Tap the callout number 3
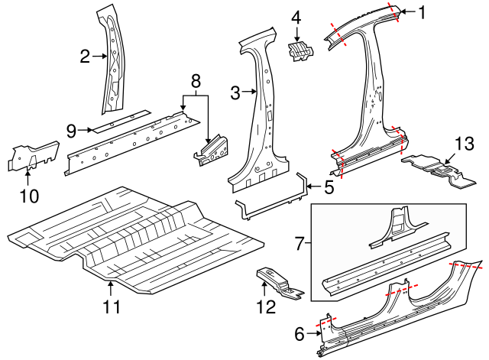click(x=235, y=93)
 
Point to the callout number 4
click(x=296, y=17)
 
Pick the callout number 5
click(x=329, y=185)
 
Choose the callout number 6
click(x=299, y=332)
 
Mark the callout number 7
click(x=300, y=244)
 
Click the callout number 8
click(x=195, y=79)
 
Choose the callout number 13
click(x=459, y=144)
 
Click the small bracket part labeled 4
click(x=300, y=50)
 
